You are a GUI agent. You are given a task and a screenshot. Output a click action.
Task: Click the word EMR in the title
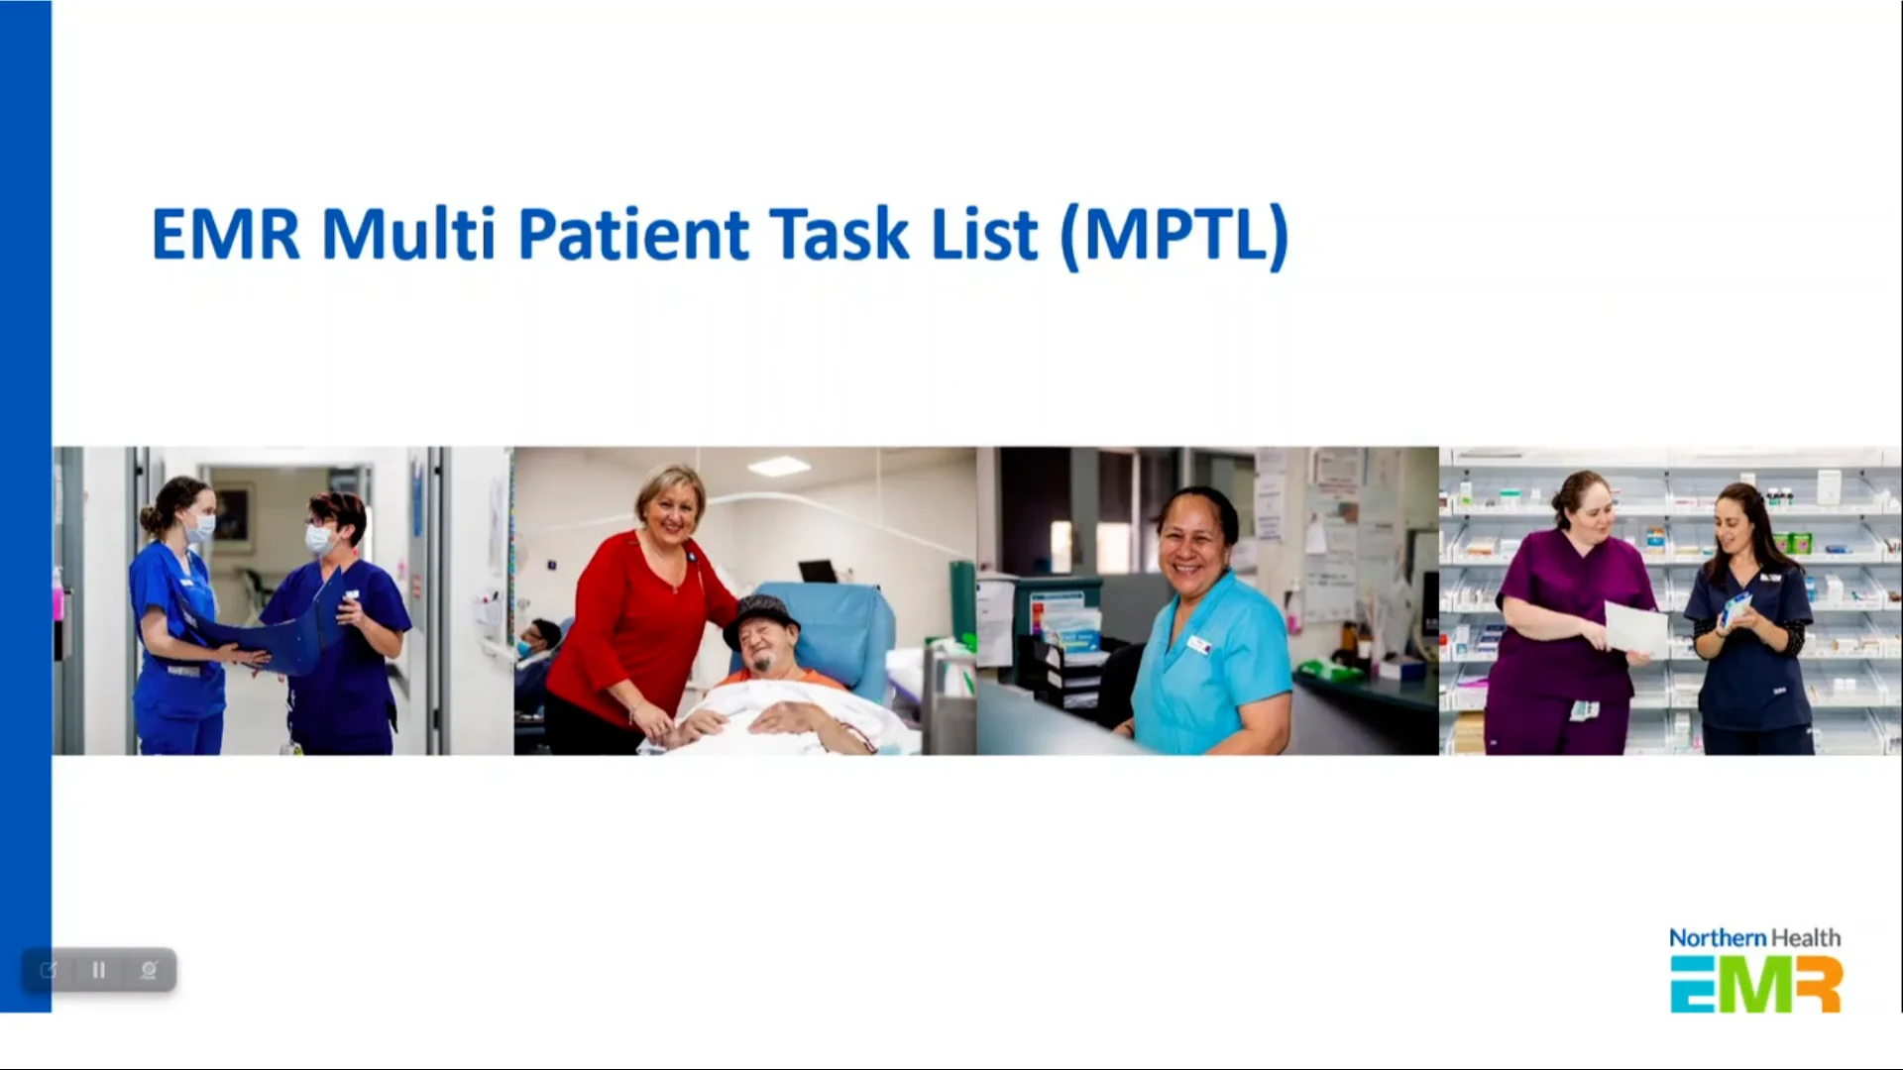[x=224, y=235]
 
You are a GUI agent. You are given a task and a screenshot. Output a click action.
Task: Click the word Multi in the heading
[x=407, y=235]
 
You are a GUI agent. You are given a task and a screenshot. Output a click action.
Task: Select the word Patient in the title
[x=632, y=235]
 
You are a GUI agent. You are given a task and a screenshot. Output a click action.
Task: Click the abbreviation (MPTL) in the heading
[x=1175, y=235]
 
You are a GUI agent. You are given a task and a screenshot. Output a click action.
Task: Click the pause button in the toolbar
[x=98, y=970]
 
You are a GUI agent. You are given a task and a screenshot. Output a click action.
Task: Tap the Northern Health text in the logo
[x=1754, y=937]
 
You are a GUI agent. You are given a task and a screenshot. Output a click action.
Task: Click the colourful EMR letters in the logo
[x=1754, y=984]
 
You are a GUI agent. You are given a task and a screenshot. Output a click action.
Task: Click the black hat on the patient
[x=760, y=614]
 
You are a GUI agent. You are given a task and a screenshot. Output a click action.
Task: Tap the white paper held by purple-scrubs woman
[x=1635, y=628]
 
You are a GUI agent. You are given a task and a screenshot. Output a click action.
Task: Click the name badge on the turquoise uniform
[x=1199, y=645]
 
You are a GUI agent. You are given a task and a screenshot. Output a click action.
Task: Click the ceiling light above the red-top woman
[x=778, y=466]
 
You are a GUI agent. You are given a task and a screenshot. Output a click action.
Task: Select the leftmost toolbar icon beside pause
[x=49, y=970]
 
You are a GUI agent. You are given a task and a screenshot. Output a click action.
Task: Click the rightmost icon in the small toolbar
[x=149, y=970]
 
